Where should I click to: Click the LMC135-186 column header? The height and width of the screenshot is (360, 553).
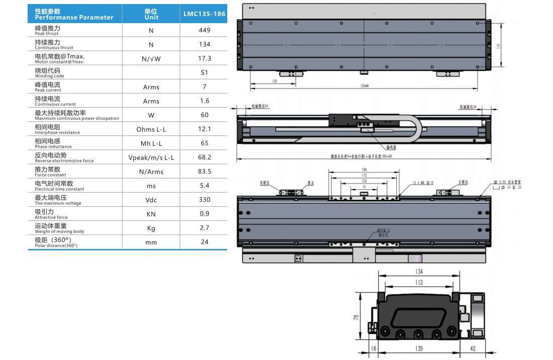click(x=205, y=14)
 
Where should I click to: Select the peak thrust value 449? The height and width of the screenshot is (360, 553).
click(x=205, y=30)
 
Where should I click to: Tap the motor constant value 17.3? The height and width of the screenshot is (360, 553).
click(x=205, y=58)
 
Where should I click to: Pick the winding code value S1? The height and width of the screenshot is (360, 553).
click(x=205, y=72)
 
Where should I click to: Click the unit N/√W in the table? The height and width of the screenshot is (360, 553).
click(x=151, y=59)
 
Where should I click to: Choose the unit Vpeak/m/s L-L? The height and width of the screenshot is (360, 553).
click(x=151, y=158)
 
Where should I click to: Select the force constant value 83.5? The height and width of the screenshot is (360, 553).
click(x=205, y=171)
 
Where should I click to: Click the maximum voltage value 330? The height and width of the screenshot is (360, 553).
click(x=205, y=200)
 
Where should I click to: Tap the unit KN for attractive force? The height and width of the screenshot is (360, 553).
click(x=151, y=214)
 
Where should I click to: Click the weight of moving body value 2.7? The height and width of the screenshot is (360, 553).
click(x=205, y=228)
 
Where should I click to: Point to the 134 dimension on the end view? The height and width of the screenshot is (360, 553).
click(x=419, y=272)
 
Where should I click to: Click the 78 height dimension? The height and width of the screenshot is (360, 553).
click(x=356, y=317)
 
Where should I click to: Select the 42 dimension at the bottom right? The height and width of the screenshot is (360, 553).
click(x=473, y=348)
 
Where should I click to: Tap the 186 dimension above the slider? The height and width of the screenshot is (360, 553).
click(x=364, y=169)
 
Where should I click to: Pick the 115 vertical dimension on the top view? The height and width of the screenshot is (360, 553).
click(x=498, y=46)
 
